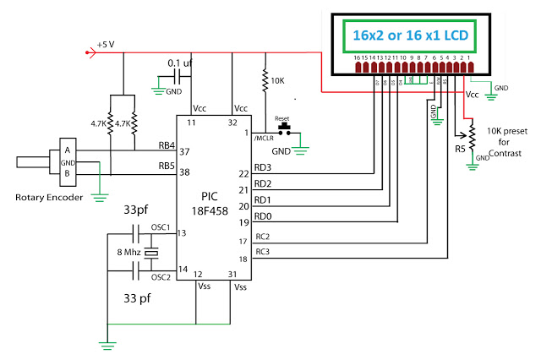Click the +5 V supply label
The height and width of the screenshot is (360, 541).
[x=107, y=42]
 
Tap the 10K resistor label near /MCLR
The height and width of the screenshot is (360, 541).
[x=278, y=82]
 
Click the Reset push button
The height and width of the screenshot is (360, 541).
[x=287, y=129]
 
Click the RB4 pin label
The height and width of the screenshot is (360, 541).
[x=167, y=144]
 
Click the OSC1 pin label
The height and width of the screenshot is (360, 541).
[x=161, y=227]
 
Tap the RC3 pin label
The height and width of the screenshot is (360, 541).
[x=262, y=253]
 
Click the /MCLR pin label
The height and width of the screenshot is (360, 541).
[x=265, y=138]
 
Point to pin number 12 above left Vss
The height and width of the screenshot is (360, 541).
[x=196, y=273]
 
